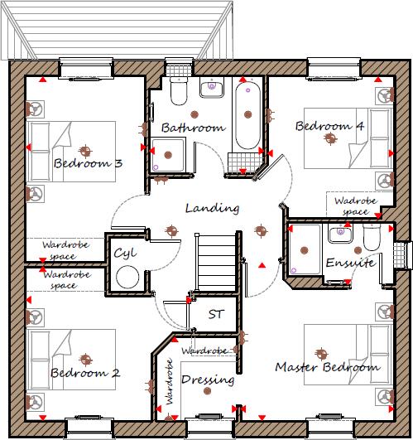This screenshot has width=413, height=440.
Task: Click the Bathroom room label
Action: [x=193, y=128]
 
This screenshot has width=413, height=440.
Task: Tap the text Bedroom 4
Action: [x=330, y=126]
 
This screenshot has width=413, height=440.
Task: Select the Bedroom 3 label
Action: [x=88, y=164]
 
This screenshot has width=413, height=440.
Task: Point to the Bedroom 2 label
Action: [x=85, y=373]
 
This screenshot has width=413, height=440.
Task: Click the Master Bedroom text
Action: [x=327, y=366]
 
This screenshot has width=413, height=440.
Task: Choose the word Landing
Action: [x=212, y=208]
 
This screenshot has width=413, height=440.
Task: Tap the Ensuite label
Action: [x=349, y=263]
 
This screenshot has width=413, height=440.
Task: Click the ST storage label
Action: [x=216, y=314]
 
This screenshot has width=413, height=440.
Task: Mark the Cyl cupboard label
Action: [x=125, y=253]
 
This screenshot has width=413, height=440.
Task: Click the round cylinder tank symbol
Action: [x=127, y=277]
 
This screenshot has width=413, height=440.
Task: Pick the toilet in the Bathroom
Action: [x=178, y=91]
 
